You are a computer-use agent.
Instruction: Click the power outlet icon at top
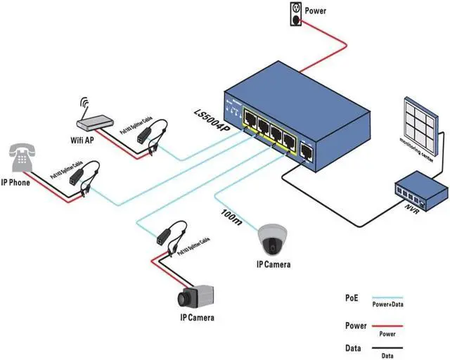click(296, 14)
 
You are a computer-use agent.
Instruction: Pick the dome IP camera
click(272, 238)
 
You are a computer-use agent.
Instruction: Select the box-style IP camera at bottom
click(193, 297)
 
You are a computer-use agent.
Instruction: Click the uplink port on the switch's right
click(307, 150)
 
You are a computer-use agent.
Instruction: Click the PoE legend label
click(352, 297)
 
